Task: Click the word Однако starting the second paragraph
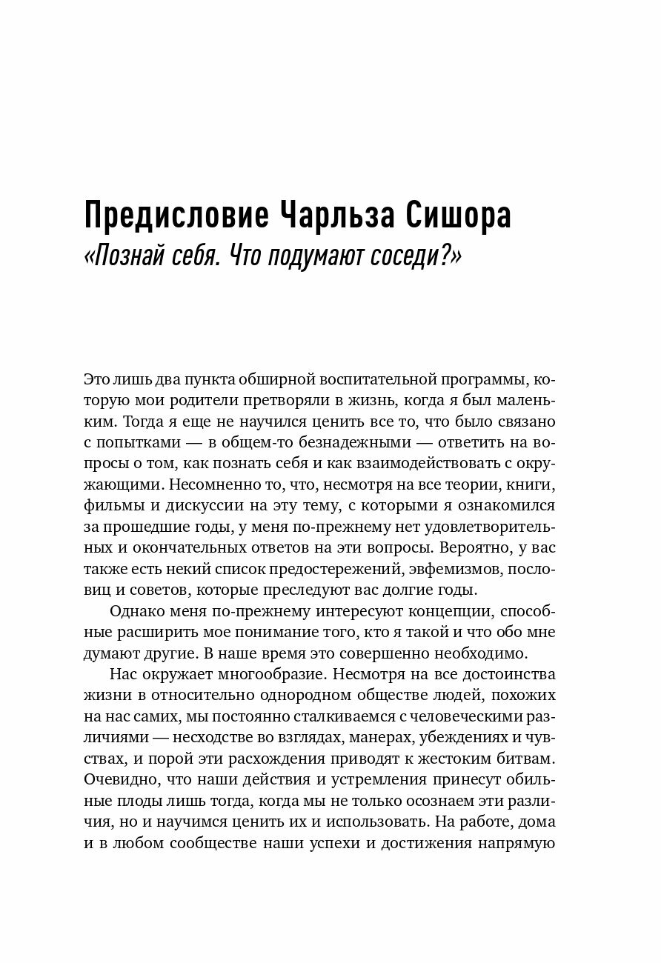(x=138, y=613)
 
